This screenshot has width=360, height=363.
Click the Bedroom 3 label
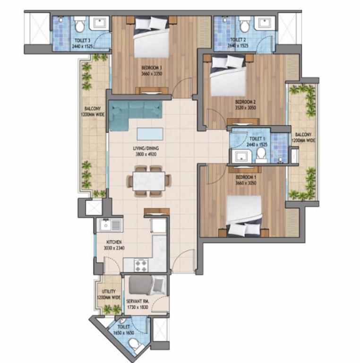coord(152,68)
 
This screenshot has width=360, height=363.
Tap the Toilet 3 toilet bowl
coord(79,25)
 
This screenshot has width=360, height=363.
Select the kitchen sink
coord(110,225)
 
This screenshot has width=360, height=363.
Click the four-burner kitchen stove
coord(141,266)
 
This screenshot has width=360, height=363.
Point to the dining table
coord(149,181)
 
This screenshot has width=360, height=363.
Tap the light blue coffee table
coord(150,134)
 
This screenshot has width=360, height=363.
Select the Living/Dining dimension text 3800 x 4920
coord(146,154)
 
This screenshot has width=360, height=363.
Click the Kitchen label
coord(114,242)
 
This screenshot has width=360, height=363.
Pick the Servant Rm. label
coord(137,302)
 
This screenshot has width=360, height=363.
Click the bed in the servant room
coord(146,285)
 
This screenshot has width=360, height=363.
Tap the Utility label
coord(109,291)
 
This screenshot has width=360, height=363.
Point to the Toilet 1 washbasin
coord(241,156)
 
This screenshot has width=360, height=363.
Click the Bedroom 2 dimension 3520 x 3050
coord(246,108)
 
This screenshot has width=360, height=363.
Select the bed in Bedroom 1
coord(244,216)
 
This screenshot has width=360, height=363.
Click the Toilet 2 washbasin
coord(265,24)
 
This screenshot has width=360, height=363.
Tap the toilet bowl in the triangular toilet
coord(135,345)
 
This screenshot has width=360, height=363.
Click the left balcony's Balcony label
coord(93,109)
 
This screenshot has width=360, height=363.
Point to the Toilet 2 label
coord(238,40)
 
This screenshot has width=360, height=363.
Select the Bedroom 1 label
coord(246,177)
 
